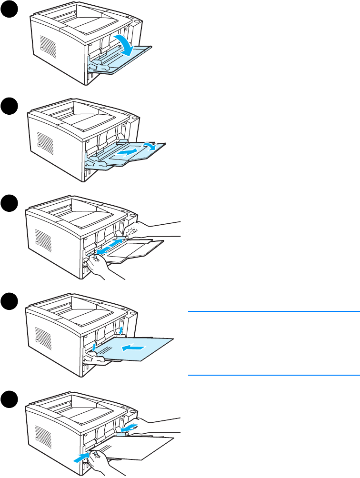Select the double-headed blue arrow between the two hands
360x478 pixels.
[x=110, y=247]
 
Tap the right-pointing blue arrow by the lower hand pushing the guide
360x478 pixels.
[x=81, y=458]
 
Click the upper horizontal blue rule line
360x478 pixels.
[x=273, y=311]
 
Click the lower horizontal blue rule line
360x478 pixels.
[x=273, y=375]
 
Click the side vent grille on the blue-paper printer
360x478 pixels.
[x=42, y=341]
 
